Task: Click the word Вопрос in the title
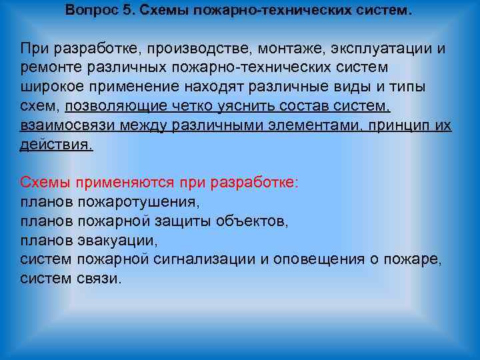click(x=91, y=11)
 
